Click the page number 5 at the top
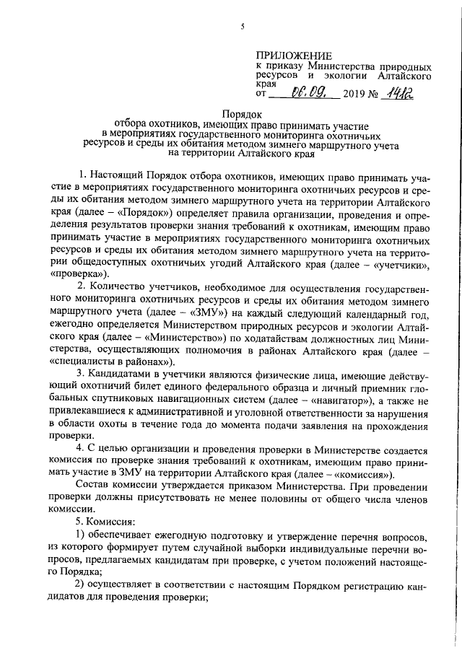243,27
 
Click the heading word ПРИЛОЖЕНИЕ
295,56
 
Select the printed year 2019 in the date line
354,93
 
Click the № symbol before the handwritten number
375,93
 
